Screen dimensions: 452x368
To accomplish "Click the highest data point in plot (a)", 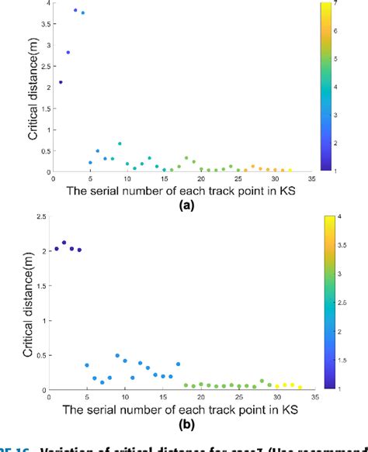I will tap(75, 10).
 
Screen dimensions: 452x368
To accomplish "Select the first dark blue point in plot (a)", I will tap(61, 82).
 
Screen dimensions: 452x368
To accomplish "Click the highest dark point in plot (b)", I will tap(64, 243).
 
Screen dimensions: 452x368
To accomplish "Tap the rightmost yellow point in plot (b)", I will tap(300, 386).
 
